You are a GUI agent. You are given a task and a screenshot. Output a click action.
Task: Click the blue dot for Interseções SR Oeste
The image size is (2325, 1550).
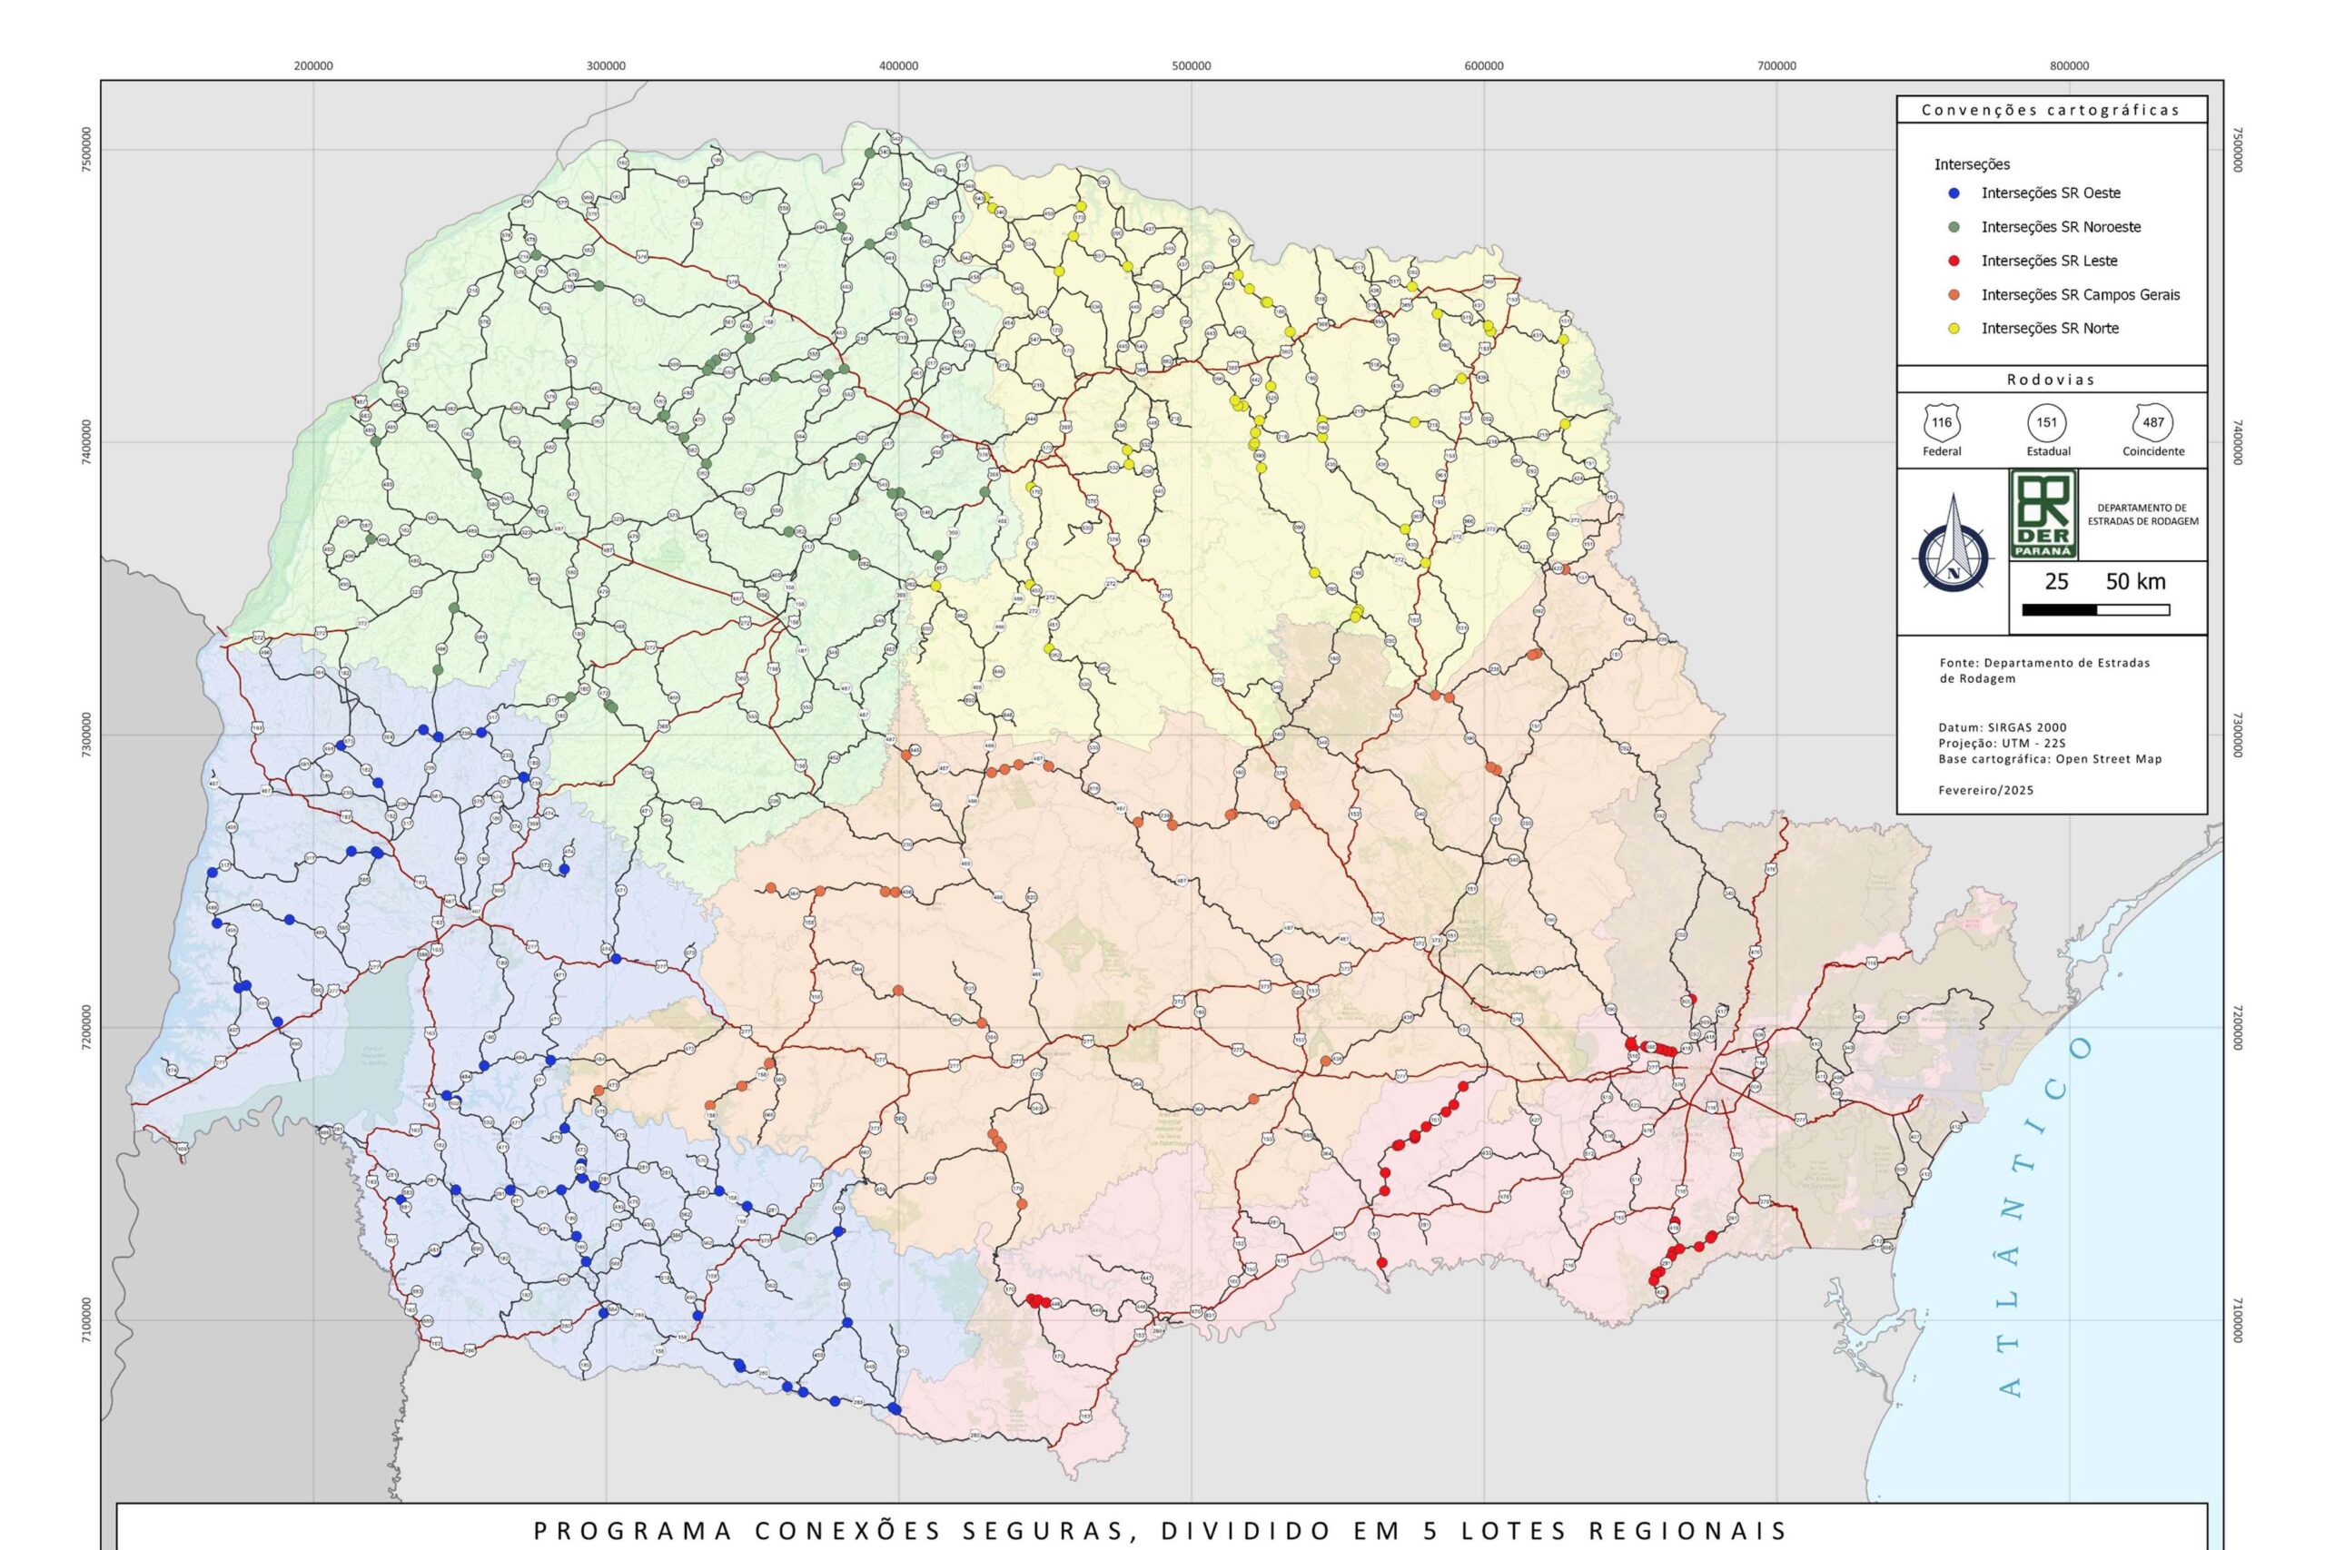[x=1954, y=193]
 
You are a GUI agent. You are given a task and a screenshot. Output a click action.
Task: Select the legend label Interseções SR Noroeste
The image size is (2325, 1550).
[x=2060, y=227]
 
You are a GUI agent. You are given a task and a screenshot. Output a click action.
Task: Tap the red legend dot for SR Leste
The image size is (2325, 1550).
[x=1954, y=261]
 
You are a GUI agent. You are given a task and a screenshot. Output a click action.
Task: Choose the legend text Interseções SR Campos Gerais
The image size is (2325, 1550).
[x=2080, y=294]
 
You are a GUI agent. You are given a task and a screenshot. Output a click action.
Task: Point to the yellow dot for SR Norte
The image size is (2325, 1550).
[x=1954, y=328]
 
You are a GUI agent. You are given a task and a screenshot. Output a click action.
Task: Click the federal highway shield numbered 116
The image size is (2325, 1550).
[x=1942, y=424]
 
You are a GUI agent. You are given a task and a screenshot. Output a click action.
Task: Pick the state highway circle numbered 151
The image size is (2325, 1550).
[x=2046, y=424]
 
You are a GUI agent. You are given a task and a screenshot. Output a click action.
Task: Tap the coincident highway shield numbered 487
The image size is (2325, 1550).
[x=2153, y=424]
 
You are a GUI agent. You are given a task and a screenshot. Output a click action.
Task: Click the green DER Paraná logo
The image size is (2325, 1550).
[x=2043, y=514]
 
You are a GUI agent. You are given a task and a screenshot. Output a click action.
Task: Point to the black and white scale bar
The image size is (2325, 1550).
[x=2095, y=610]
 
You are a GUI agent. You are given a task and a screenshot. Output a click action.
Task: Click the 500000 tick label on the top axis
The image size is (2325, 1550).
[x=1192, y=66]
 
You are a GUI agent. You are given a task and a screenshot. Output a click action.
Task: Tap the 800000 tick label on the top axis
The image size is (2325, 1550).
[x=2069, y=66]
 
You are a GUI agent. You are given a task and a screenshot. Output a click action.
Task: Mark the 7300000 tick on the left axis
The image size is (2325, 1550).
[x=87, y=735]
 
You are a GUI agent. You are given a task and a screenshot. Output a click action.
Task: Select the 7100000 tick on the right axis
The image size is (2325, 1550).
[x=2238, y=1320]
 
